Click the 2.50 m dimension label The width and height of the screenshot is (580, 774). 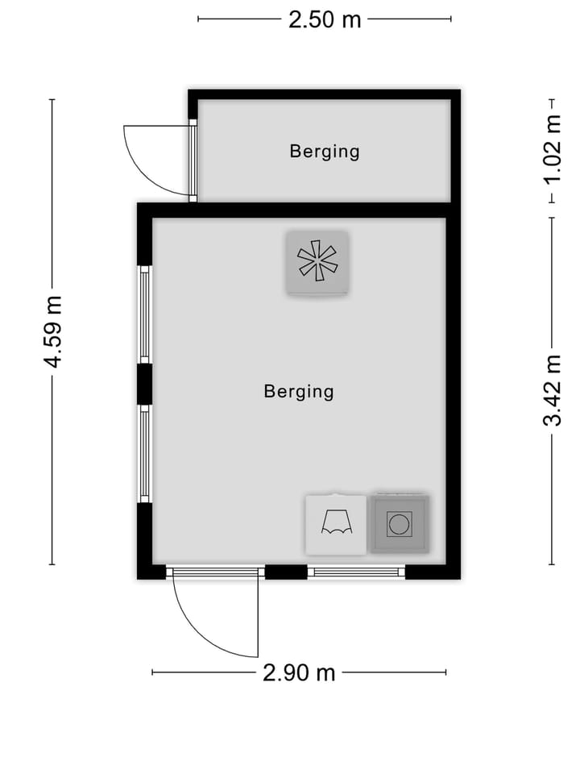[x=325, y=19]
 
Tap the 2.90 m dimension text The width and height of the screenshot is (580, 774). [x=299, y=672]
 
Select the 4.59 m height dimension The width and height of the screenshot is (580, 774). [x=53, y=331]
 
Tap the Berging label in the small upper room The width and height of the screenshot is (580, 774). [x=325, y=151]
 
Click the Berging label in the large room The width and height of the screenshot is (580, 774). [x=298, y=392]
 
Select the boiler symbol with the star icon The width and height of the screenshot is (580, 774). [x=317, y=262]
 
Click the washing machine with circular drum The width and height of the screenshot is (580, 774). [x=399, y=524]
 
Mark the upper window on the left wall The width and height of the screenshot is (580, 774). [x=145, y=314]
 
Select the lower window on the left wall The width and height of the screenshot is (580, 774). [x=145, y=453]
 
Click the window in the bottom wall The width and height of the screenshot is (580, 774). [x=356, y=572]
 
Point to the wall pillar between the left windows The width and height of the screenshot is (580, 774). [x=145, y=384]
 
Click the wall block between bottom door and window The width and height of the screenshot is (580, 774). [x=286, y=572]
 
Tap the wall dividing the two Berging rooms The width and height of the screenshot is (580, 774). [x=298, y=210]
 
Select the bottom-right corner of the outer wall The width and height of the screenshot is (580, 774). [x=452, y=572]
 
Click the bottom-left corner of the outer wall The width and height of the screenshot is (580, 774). [x=146, y=572]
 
